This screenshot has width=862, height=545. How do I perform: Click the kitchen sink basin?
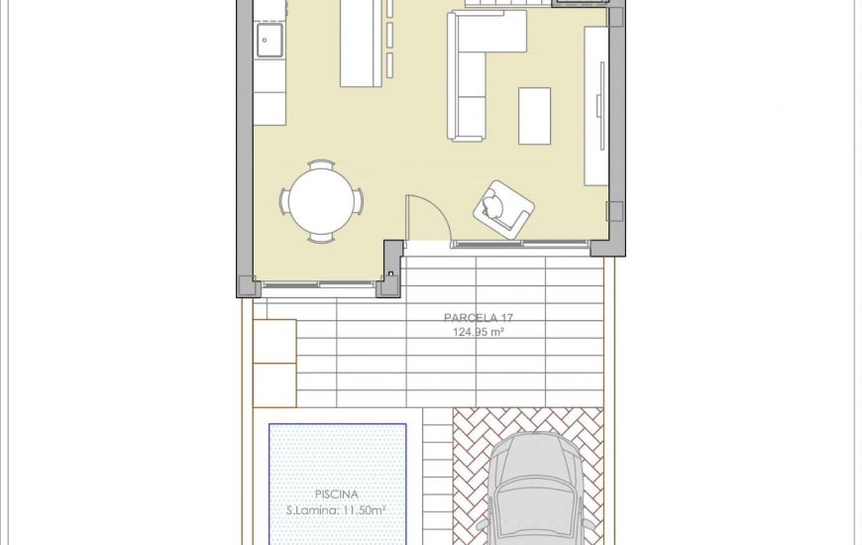pyautogui.click(x=269, y=41)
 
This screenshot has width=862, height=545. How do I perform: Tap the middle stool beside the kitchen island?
pyautogui.click(x=389, y=36)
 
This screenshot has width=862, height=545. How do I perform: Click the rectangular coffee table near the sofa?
pyautogui.click(x=534, y=116)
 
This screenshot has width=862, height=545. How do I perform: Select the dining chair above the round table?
pyautogui.click(x=321, y=164)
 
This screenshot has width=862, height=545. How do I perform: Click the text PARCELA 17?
pyautogui.click(x=479, y=318)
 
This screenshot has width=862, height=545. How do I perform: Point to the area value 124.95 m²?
pyautogui.click(x=479, y=333)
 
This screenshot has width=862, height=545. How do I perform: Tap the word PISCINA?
pyautogui.click(x=337, y=493)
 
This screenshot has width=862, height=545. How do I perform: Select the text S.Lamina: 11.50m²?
pyautogui.click(x=337, y=510)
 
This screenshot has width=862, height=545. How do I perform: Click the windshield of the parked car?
pyautogui.click(x=537, y=491)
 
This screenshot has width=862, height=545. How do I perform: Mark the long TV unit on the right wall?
pyautogui.click(x=595, y=105)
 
